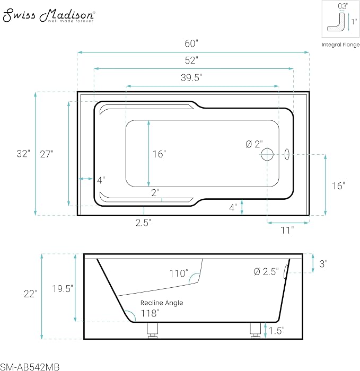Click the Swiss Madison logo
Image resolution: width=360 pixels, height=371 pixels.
click(49, 15)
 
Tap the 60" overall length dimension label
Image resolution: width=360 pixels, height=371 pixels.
click(191, 43)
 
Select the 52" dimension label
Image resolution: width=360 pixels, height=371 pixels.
click(191, 60)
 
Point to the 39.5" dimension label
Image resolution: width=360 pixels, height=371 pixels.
click(191, 77)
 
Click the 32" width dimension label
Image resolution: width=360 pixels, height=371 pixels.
click(23, 154)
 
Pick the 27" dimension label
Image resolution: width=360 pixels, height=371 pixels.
click(47, 154)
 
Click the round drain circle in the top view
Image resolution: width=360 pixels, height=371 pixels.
click(267, 155)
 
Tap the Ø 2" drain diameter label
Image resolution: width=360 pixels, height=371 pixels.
click(254, 144)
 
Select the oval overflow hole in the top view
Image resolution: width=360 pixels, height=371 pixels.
click(287, 154)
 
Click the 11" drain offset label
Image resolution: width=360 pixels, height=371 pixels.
click(287, 230)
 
